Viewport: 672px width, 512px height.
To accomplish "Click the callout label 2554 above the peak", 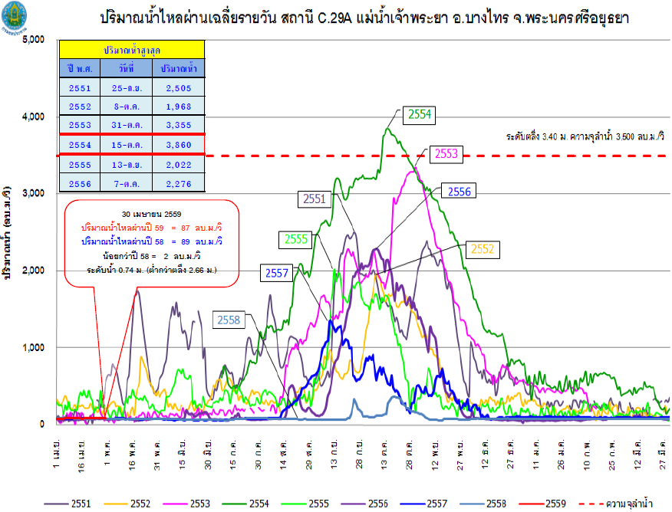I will point(419,114).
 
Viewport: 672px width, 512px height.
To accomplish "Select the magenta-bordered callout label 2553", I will point(446,153).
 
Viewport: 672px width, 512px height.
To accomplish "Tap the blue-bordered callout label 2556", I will point(458,192).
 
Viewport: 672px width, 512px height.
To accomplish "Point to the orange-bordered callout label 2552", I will point(482,248).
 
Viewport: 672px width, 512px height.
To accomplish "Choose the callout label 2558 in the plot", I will point(228,320).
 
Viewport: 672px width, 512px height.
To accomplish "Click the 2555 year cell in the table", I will point(81,164).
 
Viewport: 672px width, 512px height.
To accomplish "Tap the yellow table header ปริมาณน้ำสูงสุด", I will point(133,49).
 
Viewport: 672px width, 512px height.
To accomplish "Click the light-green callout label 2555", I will point(296,239).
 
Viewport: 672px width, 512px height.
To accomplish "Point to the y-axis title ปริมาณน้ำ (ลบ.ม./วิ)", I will point(9,230).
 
